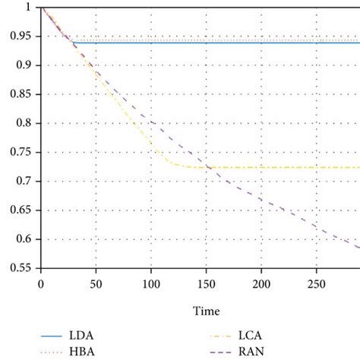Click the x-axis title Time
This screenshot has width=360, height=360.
point(206,311)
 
